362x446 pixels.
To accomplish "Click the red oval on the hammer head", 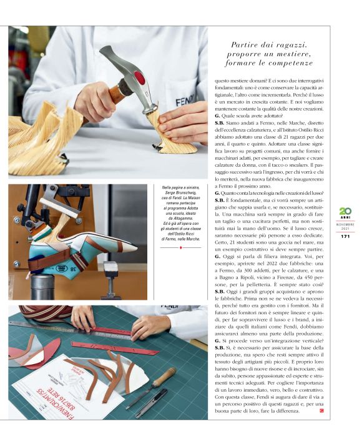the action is click(140, 77).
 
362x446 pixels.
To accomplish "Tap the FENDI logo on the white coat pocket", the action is click(185, 101).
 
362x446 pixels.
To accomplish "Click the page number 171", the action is click(345, 236).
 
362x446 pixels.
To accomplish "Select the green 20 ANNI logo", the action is click(345, 214).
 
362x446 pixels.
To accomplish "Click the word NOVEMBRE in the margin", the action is click(345, 224).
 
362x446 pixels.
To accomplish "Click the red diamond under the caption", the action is click(181, 248).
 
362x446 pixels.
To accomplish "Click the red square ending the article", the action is click(321, 411).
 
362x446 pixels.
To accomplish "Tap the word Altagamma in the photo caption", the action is click(181, 219).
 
